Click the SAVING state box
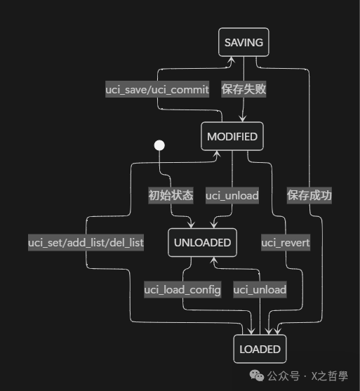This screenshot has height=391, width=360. click(x=244, y=42)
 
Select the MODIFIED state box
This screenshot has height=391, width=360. click(x=232, y=136)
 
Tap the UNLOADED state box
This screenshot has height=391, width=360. click(x=202, y=242)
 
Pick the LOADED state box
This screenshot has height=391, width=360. click(x=260, y=349)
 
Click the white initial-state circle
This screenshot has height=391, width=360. click(x=159, y=145)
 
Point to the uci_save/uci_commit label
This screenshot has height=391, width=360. click(x=157, y=89)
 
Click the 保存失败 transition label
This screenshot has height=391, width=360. click(x=244, y=89)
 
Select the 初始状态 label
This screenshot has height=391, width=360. click(x=171, y=195)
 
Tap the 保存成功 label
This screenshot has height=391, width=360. click(x=309, y=195)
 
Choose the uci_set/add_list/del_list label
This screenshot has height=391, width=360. click(x=86, y=242)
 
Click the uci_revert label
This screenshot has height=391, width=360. click(x=286, y=242)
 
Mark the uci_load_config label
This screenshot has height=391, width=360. click(x=182, y=289)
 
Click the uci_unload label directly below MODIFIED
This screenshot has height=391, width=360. click(x=232, y=195)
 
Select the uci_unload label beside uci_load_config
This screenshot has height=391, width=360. click(x=260, y=289)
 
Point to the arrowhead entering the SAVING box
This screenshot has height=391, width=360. click(x=231, y=60)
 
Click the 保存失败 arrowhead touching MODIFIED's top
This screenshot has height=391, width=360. click(x=243, y=119)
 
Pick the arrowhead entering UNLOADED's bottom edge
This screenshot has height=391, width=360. click(x=213, y=260)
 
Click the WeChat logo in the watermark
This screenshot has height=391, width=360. click(x=257, y=376)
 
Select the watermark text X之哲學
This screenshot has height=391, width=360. click(x=329, y=376)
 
